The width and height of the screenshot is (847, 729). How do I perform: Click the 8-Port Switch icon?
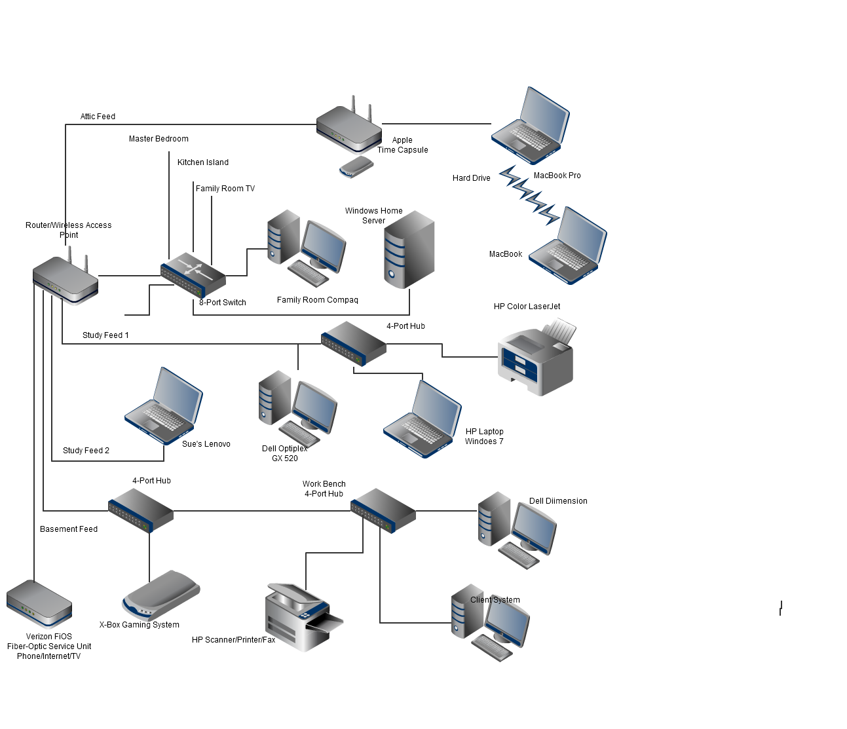[x=193, y=274]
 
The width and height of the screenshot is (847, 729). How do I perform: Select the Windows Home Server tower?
[x=409, y=250]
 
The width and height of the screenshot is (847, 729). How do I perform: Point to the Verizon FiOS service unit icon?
[x=39, y=604]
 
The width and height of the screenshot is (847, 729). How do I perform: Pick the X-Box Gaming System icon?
[x=161, y=595]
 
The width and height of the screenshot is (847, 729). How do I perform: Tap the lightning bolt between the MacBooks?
[x=529, y=195]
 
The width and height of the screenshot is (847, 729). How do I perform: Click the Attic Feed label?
[x=98, y=117]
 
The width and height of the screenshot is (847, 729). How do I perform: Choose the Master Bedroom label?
[x=159, y=139]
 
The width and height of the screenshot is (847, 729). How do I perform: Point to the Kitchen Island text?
[x=203, y=162]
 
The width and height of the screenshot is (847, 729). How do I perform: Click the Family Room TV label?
[x=225, y=189]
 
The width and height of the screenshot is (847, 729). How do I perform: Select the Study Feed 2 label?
[x=86, y=451]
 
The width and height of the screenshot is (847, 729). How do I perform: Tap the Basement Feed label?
[x=69, y=529]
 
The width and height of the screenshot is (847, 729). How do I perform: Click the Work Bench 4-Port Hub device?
[x=383, y=511]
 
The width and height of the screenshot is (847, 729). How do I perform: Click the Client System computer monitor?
[x=506, y=621]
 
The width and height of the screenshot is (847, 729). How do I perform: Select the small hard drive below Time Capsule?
[x=356, y=167]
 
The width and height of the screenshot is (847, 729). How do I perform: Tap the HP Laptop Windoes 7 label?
[x=485, y=436]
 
